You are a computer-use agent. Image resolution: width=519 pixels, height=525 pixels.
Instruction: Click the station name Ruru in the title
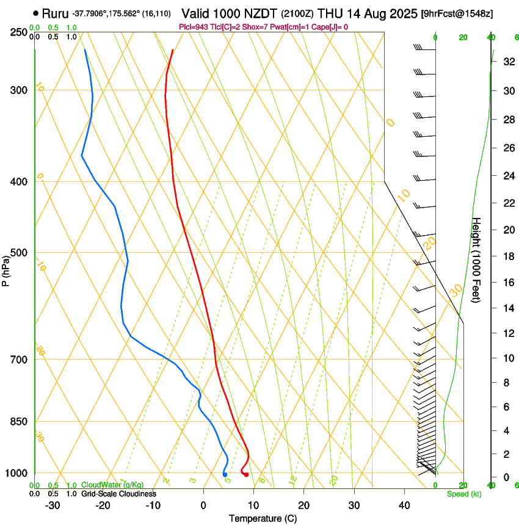click(x=55, y=13)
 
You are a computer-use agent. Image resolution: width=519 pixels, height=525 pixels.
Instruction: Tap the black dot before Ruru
click(x=36, y=13)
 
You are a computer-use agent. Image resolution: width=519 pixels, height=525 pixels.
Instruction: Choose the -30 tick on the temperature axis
click(x=53, y=505)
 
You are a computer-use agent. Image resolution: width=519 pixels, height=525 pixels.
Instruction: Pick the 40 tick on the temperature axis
click(x=404, y=505)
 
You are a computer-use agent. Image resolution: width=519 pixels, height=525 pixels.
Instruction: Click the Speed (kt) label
click(x=463, y=494)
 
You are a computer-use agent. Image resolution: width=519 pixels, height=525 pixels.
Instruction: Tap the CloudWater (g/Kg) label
click(x=104, y=485)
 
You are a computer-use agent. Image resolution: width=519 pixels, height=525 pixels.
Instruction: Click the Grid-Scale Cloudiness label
click(x=118, y=494)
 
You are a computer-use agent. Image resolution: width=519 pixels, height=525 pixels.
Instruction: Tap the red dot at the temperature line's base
click(x=246, y=475)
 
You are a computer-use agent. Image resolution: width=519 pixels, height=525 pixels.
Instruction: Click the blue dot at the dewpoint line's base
click(x=225, y=474)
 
